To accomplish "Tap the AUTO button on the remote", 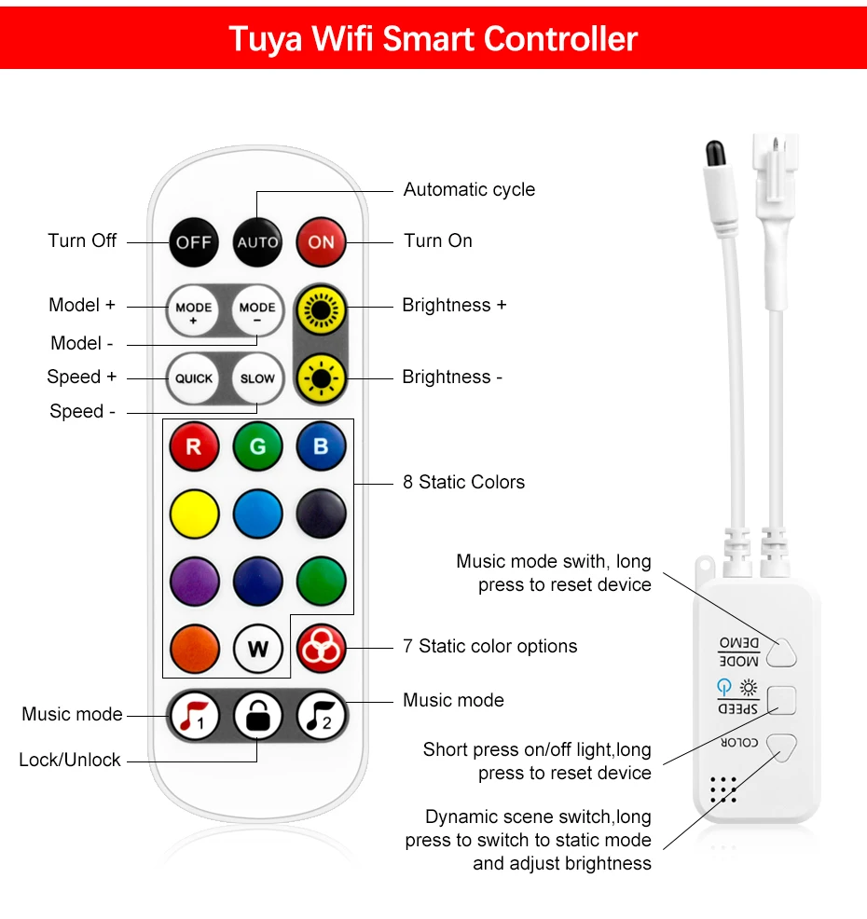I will point(257,242).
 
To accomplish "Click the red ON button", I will point(321,242).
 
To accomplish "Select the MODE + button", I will point(193,311).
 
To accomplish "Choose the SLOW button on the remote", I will point(257,378).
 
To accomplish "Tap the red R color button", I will point(194,446).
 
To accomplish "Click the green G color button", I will point(257,446).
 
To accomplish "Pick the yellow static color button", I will point(194,513).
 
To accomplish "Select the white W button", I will point(257,649).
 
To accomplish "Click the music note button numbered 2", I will point(321,716).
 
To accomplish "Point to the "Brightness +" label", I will point(454,306).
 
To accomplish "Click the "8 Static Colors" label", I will point(463,482).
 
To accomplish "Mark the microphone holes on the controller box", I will point(722,789).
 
